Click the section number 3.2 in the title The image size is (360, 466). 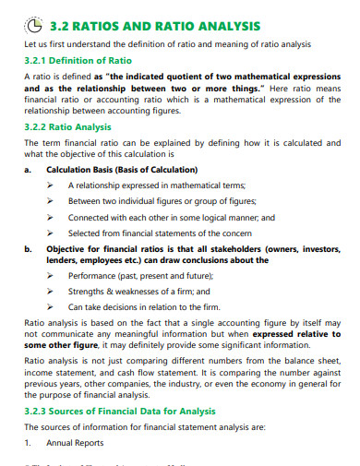[60, 25]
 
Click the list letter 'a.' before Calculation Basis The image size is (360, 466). [29, 170]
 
